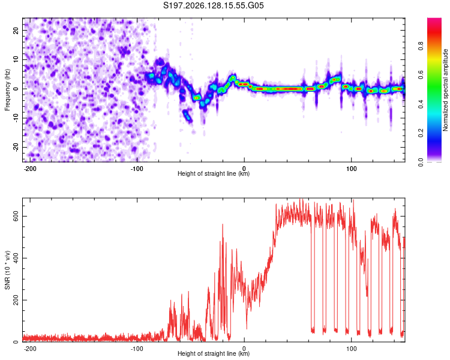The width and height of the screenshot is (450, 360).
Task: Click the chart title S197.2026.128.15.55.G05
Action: (213, 5)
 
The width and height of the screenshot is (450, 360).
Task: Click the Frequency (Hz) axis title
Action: (7, 90)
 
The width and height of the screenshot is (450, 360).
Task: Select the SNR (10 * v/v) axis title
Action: (7, 270)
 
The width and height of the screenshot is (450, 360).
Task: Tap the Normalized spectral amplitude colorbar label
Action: (445, 90)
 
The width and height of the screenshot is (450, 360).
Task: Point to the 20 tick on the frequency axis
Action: (16, 30)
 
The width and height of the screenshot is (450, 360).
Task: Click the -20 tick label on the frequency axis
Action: (16, 147)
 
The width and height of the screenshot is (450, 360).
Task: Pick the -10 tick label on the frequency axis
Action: (16, 118)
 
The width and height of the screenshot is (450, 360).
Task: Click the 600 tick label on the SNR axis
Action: (16, 216)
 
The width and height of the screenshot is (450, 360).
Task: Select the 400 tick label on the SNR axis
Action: (16, 258)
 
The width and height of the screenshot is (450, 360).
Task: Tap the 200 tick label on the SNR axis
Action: (16, 300)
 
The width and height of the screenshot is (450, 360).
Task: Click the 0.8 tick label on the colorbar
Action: (421, 46)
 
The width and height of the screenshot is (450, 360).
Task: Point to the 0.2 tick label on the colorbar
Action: (421, 133)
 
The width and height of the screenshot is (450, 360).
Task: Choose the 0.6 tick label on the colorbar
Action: (421, 75)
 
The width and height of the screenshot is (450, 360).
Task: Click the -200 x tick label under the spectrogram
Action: (29, 169)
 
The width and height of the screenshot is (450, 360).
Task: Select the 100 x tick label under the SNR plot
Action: (351, 349)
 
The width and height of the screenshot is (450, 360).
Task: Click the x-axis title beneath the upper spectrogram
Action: (214, 173)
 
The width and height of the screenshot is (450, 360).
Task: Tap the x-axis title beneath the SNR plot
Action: (214, 353)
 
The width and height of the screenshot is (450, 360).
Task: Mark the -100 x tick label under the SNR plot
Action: (137, 349)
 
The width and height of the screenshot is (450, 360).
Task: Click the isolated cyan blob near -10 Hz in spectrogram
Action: (187, 116)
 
